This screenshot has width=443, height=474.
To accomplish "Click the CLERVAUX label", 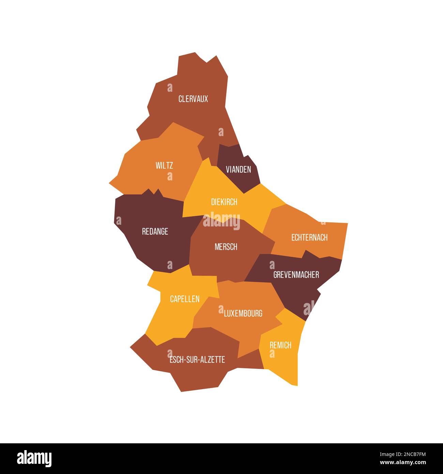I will pos(193,99).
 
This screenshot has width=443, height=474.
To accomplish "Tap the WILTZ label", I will pos(164,166).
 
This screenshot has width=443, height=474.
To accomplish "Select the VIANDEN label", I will pos(239,169).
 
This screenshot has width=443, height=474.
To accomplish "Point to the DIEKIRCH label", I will pos(224,202).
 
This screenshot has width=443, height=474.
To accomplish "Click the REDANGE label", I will pos(155,232).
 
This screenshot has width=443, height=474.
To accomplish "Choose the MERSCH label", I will pos(226,247).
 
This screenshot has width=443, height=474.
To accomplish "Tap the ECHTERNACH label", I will pos(309,237).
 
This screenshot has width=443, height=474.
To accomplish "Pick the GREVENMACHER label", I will pos(296,275).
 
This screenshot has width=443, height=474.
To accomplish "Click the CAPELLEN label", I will pos(185,299).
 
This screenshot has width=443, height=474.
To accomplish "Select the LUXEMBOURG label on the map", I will pos(243,313).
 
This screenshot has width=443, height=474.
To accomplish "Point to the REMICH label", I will pos(280,345).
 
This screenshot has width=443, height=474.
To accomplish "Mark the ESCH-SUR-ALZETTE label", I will pos(197,359).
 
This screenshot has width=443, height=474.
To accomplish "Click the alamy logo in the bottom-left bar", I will pos(34,458).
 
